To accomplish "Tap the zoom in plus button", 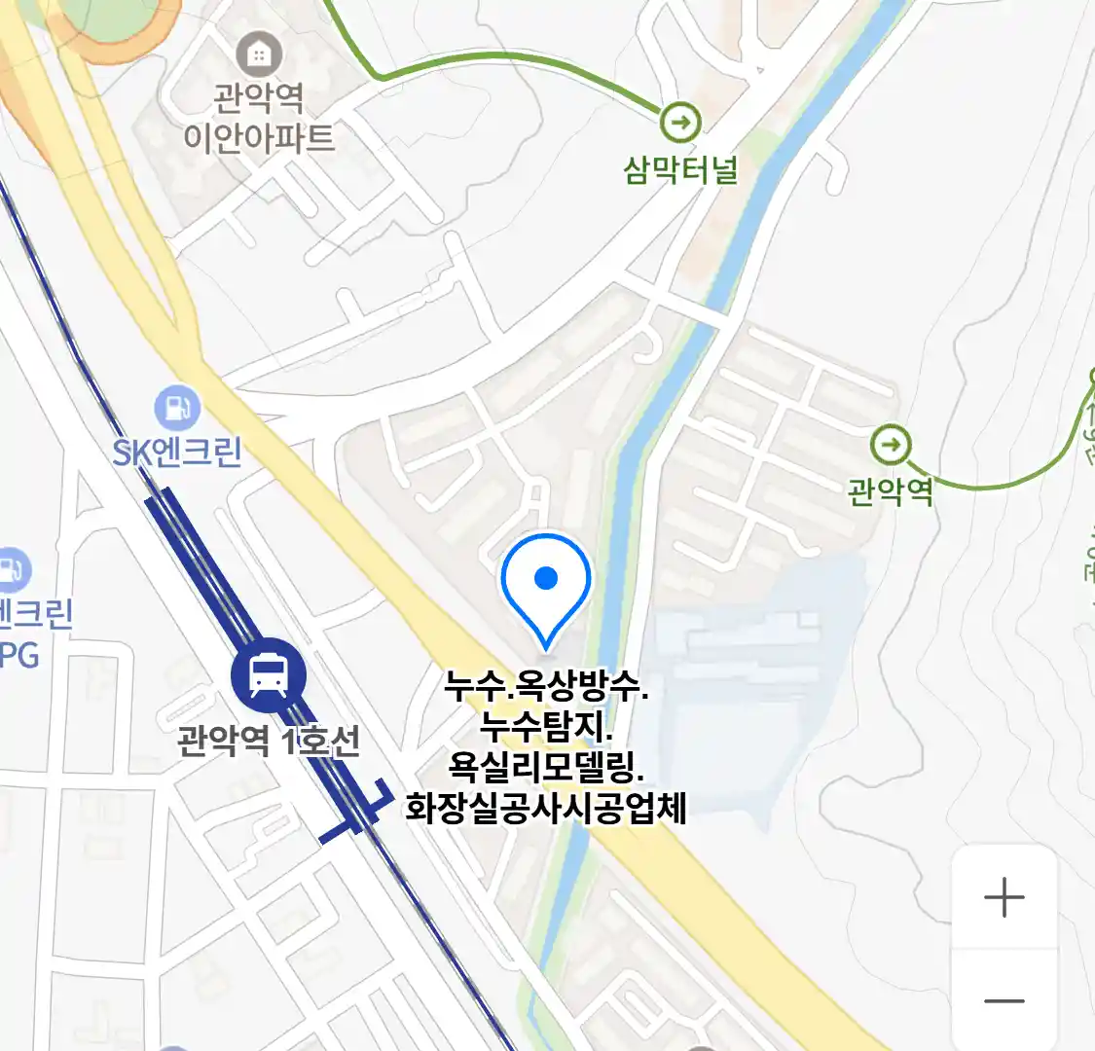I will [1004, 897].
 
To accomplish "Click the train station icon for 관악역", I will [268, 675].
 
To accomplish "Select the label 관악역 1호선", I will [269, 742].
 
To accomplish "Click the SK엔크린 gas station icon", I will [177, 408].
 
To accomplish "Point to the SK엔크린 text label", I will [177, 453].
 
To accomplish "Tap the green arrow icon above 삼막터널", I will [679, 123].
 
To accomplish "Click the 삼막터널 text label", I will [680, 171].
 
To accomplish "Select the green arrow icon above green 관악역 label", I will [890, 446].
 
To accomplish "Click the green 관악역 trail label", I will [890, 490].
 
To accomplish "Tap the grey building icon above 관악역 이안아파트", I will [259, 54].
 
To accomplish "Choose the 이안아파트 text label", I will [259, 137].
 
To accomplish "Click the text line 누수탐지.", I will [546, 727].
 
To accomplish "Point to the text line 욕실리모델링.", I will [546, 768].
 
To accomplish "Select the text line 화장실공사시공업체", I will [546, 809].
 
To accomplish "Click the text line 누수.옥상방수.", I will [546, 687].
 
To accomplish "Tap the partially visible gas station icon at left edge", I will [12, 570].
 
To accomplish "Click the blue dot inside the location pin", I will [546, 578].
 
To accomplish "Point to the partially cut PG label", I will [19, 655].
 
